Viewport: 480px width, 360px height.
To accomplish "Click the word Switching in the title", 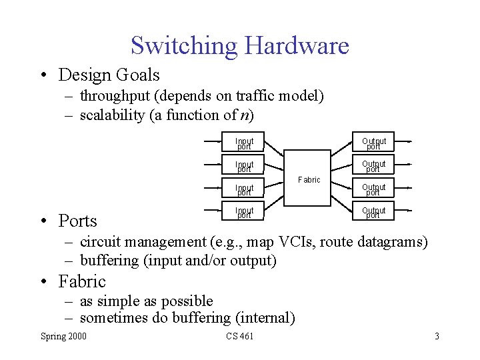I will click(184, 46).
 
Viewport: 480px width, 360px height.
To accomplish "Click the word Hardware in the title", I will click(296, 46).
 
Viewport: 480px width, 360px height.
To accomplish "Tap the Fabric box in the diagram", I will click(308, 179).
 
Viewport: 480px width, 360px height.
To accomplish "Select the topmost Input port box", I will click(244, 143).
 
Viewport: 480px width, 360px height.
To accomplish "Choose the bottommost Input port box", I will click(244, 213).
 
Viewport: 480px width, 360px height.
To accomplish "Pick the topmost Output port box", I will click(373, 143).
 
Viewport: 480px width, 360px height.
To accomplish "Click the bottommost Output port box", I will click(373, 213).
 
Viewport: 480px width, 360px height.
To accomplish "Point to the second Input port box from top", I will click(244, 167).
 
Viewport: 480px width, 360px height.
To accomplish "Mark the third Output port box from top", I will click(373, 190).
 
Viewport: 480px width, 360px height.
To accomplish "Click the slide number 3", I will click(437, 336).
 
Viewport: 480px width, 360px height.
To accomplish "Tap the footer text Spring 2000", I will click(63, 336).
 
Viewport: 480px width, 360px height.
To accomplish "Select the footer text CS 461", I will click(239, 336).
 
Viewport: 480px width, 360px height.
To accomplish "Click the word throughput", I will click(114, 97).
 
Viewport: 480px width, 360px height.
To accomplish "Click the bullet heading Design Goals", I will click(109, 75).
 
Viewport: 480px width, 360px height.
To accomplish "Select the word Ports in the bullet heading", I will click(77, 221).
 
